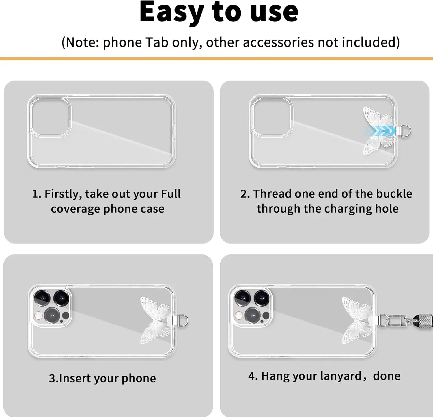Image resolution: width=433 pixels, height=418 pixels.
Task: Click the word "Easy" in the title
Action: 171,12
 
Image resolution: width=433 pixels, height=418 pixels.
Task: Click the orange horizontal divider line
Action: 216,59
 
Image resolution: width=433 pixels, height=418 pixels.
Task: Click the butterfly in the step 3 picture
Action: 154,320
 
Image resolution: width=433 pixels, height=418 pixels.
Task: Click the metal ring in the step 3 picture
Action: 182,321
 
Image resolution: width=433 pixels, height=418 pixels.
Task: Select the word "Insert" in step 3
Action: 75,378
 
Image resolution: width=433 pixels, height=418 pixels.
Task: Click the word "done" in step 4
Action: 387,376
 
